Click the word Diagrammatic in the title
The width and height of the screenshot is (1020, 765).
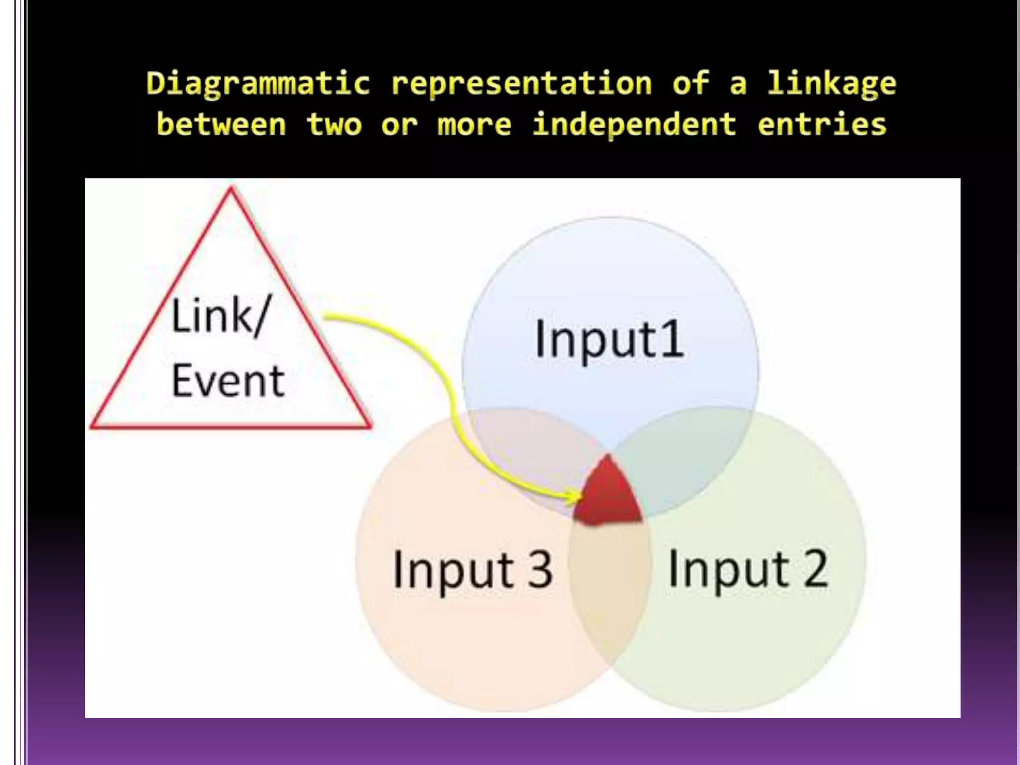tap(258, 84)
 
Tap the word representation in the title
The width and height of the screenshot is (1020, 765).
tap(521, 84)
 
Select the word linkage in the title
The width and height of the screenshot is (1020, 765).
tap(831, 84)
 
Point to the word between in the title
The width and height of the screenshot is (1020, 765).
tap(222, 125)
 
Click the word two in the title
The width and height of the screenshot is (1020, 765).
tap(334, 125)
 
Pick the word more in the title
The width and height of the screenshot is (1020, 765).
tap(474, 125)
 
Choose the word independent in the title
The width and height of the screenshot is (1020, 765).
tap(634, 125)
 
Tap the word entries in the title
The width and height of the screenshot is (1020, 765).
tap(822, 125)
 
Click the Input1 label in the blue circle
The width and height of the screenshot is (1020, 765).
tap(609, 340)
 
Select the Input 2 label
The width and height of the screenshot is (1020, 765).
tap(748, 569)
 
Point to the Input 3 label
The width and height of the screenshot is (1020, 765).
tap(473, 570)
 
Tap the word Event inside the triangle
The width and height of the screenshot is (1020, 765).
tap(228, 381)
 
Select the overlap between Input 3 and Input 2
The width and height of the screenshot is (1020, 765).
tap(611, 588)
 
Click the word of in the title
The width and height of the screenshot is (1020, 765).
tap(690, 84)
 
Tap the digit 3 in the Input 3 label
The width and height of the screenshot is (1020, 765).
tap(540, 570)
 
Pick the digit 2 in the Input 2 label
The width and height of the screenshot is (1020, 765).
tap(815, 569)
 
